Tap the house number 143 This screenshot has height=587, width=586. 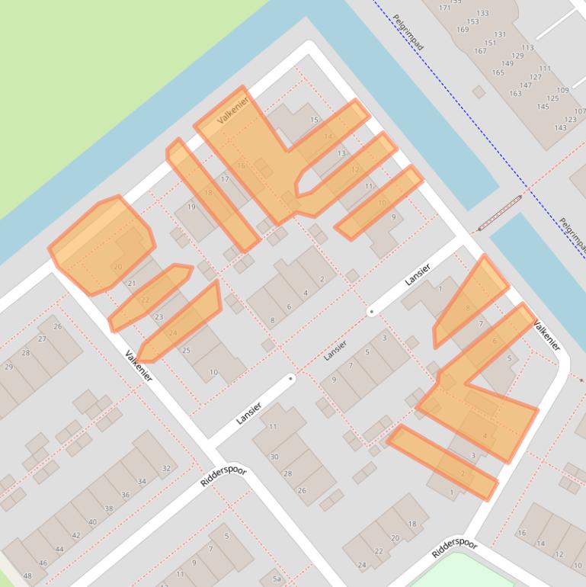tap(561, 127)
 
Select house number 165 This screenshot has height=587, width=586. tap(498, 73)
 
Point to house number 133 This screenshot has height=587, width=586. tap(482, 14)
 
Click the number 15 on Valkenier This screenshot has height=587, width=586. tap(314, 120)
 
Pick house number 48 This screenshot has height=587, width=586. tap(28, 576)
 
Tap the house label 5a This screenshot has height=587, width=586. tap(277, 579)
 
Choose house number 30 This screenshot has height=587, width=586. tap(274, 457)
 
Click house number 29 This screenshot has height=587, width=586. tap(8, 367)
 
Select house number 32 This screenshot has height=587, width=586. tap(166, 468)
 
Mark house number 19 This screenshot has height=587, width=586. tap(191, 207)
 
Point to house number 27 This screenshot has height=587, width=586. tap(43, 339)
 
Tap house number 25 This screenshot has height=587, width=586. tap(186, 351)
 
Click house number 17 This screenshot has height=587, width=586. tap(225, 179)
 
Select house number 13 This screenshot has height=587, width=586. tap(341, 153)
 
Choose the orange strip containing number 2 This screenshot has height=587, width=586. tap(442, 463)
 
